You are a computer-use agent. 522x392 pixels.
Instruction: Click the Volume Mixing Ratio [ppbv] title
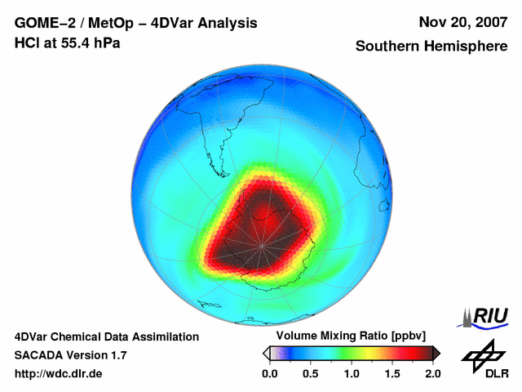point(347,336)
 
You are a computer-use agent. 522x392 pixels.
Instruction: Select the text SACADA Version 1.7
point(70,355)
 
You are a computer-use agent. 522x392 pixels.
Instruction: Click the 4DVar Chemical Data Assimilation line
point(106,336)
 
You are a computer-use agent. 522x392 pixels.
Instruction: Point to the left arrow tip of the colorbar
point(265,353)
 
